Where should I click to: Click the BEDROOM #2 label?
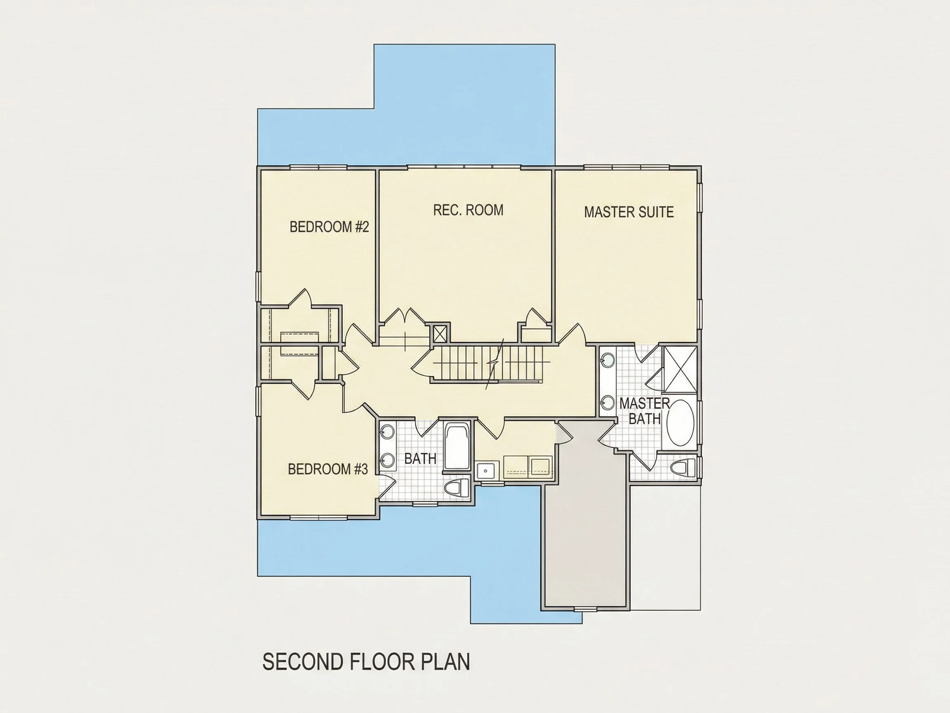coord(329,227)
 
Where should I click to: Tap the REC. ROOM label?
coord(468,210)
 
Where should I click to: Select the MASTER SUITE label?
coord(629,212)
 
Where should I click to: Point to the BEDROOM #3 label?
coord(328,469)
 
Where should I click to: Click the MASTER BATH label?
coord(644,411)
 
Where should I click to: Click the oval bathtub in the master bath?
coord(680,423)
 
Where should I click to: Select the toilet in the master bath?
coord(683,467)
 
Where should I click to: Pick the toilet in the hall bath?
coord(456,488)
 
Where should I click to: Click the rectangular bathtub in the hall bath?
coord(456,446)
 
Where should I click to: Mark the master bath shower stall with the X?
coord(680,369)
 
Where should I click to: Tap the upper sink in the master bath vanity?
coord(608,359)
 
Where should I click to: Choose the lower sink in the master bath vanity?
coord(608,403)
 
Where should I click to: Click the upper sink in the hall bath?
coord(388,432)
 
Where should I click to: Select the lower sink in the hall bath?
coord(388,460)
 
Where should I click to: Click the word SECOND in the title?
coord(303,661)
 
